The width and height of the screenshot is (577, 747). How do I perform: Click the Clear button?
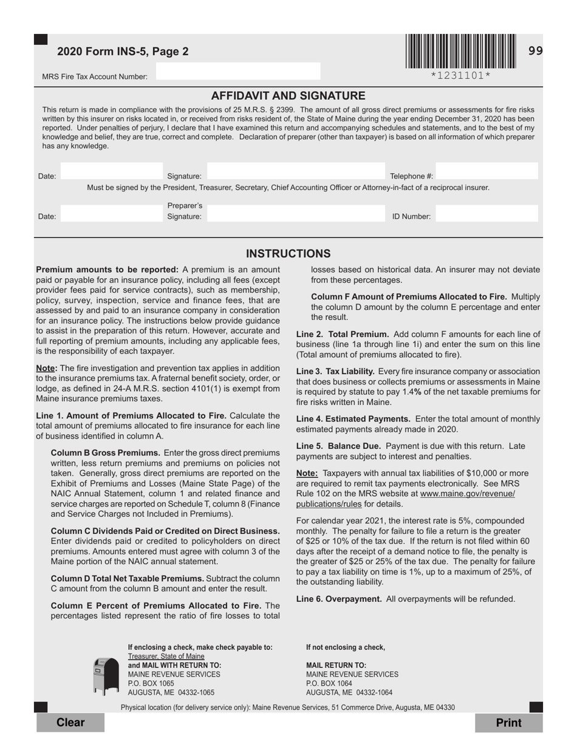point(70,722)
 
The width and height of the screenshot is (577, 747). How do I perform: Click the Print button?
point(508,722)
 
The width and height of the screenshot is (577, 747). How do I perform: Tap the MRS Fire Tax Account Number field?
point(237,72)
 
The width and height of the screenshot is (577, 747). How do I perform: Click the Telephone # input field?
point(487,172)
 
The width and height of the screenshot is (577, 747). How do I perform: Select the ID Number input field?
point(487,214)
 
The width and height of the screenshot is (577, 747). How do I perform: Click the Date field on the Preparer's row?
point(112,214)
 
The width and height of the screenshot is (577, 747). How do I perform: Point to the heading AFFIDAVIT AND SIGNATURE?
point(288,96)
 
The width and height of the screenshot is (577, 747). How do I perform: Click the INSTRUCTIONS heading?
point(288,254)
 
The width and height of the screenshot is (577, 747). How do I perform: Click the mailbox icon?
point(106,676)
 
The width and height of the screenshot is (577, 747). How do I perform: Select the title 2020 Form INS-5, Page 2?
point(123,52)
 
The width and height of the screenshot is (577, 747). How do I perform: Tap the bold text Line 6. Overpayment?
point(339,599)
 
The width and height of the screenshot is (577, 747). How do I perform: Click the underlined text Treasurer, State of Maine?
point(166,657)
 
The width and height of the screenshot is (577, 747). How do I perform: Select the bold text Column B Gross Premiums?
point(106,453)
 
